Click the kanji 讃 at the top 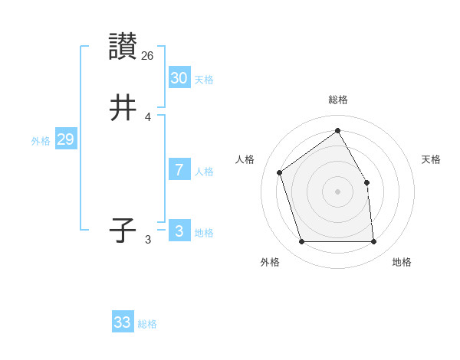tap(123, 47)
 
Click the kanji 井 tap(123, 108)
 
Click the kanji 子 tap(123, 231)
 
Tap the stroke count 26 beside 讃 tap(148, 55)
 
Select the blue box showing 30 tap(179, 77)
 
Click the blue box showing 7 tap(179, 170)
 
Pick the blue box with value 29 tap(65, 139)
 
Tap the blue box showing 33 tap(123, 322)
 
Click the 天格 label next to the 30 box tap(204, 80)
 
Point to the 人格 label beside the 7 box tap(204, 172)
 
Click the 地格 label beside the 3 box tap(204, 233)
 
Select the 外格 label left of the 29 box tap(41, 141)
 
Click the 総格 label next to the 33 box tap(147, 324)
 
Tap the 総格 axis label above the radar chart tap(337, 100)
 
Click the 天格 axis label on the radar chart tap(431, 159)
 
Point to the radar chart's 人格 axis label tap(245, 159)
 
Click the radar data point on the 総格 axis tap(337, 130)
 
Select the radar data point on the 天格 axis tap(366, 182)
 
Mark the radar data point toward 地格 tap(373, 242)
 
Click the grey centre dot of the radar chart tap(337, 191)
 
